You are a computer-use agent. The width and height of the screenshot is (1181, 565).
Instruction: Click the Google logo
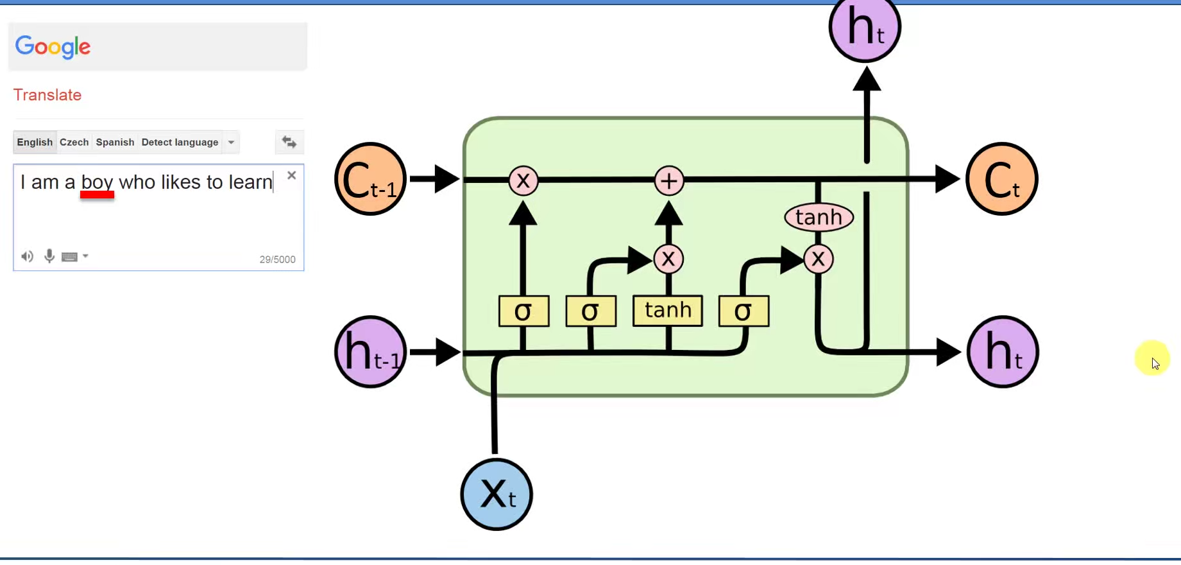click(x=53, y=46)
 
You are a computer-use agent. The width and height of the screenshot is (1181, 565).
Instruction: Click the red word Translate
click(x=47, y=95)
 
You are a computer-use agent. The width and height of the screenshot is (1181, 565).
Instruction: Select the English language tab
click(x=35, y=142)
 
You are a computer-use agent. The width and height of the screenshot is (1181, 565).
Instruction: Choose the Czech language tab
click(x=74, y=142)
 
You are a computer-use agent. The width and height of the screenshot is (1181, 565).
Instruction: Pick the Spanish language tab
click(x=115, y=142)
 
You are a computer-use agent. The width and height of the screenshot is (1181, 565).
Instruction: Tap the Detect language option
click(x=180, y=142)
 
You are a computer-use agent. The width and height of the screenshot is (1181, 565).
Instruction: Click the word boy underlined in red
click(x=97, y=182)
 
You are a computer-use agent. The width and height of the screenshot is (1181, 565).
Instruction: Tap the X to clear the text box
click(x=292, y=175)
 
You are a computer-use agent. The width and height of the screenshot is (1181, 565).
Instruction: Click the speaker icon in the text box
click(x=27, y=257)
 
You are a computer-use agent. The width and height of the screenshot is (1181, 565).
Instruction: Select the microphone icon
click(x=49, y=256)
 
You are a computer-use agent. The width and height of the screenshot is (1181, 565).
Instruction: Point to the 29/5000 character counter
click(x=277, y=259)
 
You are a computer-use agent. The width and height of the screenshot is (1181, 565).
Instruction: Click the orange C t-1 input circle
click(x=370, y=179)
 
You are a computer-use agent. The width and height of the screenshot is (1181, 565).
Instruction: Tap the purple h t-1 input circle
click(x=370, y=352)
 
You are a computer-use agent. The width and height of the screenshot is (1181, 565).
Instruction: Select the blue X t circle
click(x=497, y=494)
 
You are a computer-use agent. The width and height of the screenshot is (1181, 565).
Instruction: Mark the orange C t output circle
click(x=1001, y=179)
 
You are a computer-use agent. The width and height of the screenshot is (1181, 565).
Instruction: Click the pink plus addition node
click(x=668, y=181)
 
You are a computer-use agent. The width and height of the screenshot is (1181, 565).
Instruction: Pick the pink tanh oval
click(x=819, y=218)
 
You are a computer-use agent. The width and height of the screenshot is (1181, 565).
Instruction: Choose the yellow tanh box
click(x=668, y=311)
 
